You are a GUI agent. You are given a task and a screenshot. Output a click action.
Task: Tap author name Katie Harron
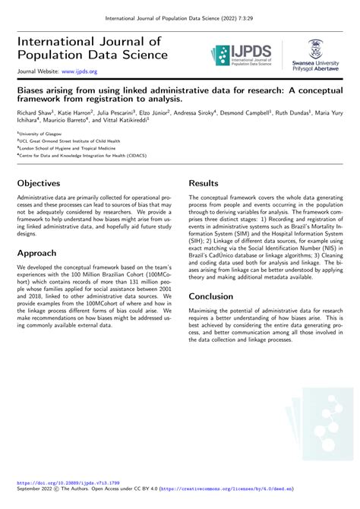[x=77, y=112]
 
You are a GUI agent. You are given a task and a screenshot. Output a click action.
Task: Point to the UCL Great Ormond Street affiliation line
[x=66, y=140]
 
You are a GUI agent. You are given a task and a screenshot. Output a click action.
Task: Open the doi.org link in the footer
[x=68, y=492]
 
